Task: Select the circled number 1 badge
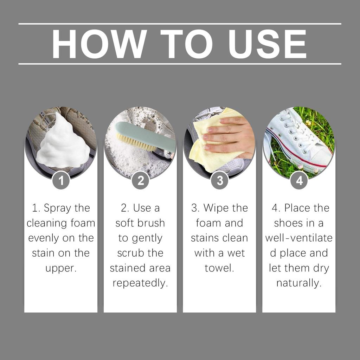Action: click(x=61, y=181)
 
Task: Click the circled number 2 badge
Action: click(x=140, y=181)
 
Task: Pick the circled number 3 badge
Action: click(x=220, y=181)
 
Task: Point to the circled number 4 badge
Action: click(x=299, y=181)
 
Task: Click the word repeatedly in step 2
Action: click(x=140, y=283)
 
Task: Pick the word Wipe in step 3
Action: click(x=216, y=208)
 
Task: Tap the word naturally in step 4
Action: click(x=299, y=283)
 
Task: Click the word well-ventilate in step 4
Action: click(x=299, y=238)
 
